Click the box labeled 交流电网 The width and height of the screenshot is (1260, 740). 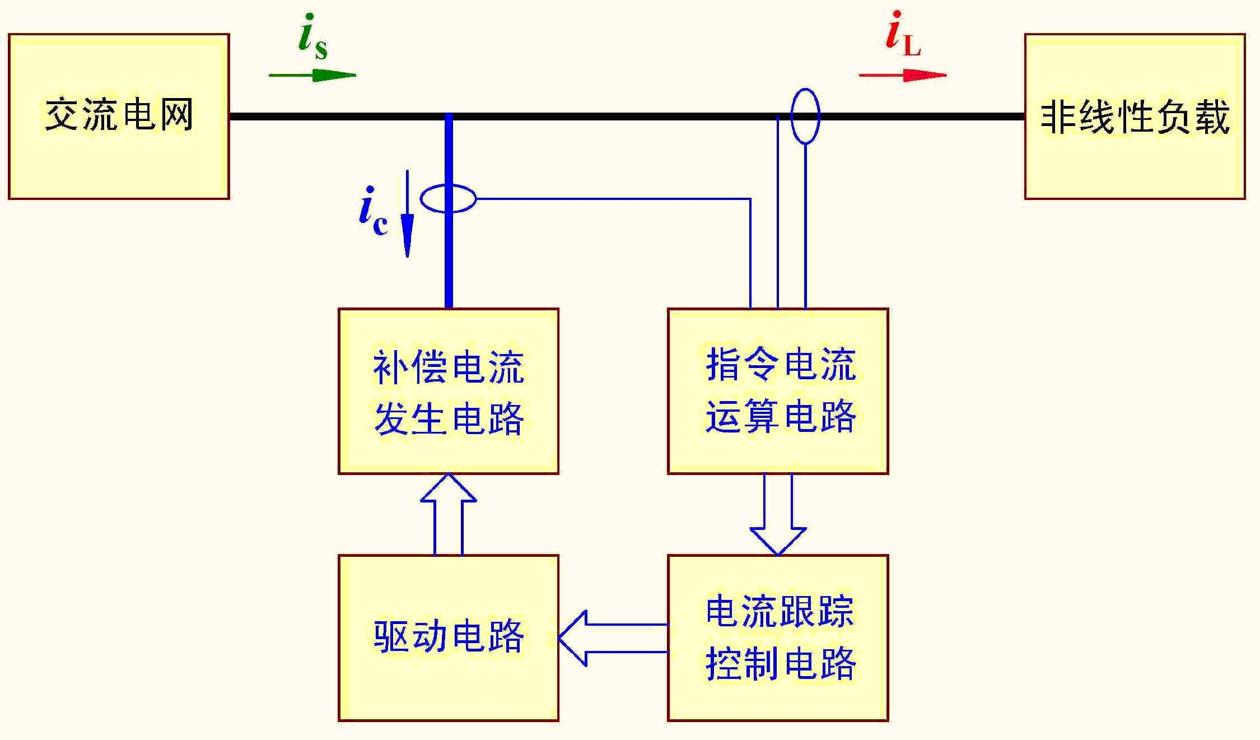119,116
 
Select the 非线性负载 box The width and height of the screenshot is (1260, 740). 1135,116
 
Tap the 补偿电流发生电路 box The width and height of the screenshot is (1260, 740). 448,391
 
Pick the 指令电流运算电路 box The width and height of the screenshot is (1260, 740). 778,391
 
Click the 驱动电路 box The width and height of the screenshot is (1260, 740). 448,637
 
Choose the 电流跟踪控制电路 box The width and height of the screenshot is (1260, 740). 778,637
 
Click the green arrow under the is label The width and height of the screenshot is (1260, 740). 312,75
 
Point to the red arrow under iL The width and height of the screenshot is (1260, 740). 903,75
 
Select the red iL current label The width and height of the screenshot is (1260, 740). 902,35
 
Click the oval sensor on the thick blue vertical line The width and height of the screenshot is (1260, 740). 448,198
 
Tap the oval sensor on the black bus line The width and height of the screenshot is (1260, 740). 805,116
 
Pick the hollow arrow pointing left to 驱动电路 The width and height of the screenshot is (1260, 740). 613,638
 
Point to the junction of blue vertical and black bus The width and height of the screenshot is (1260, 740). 449,117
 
